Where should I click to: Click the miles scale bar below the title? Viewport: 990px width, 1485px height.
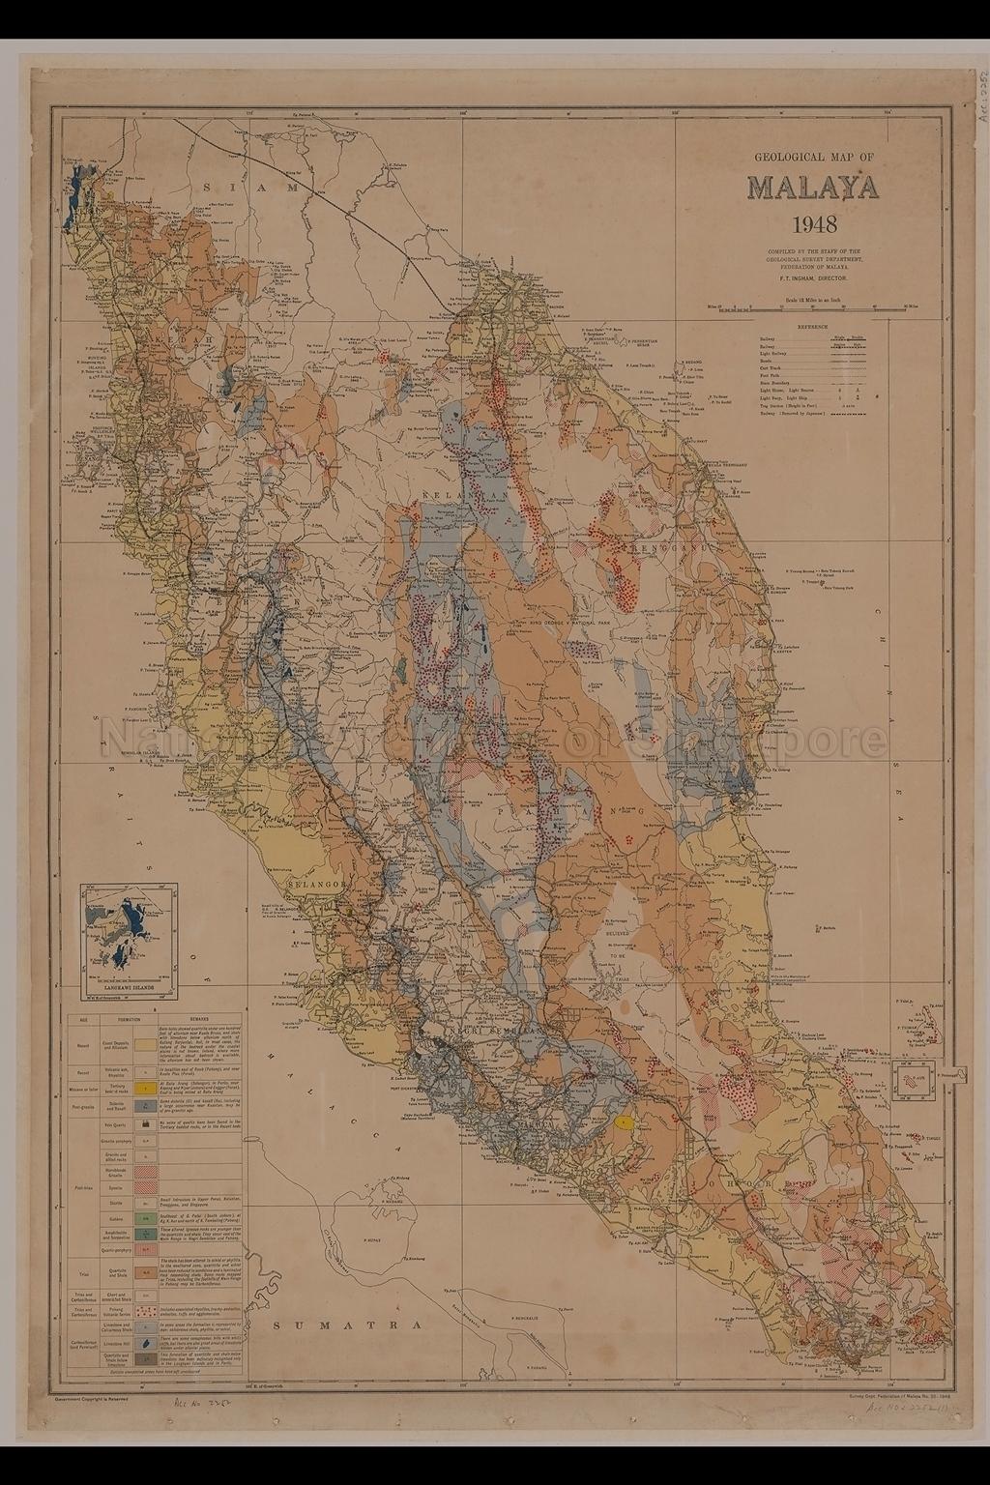pos(812,307)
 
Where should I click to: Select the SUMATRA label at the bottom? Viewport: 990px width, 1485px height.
pos(349,1325)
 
